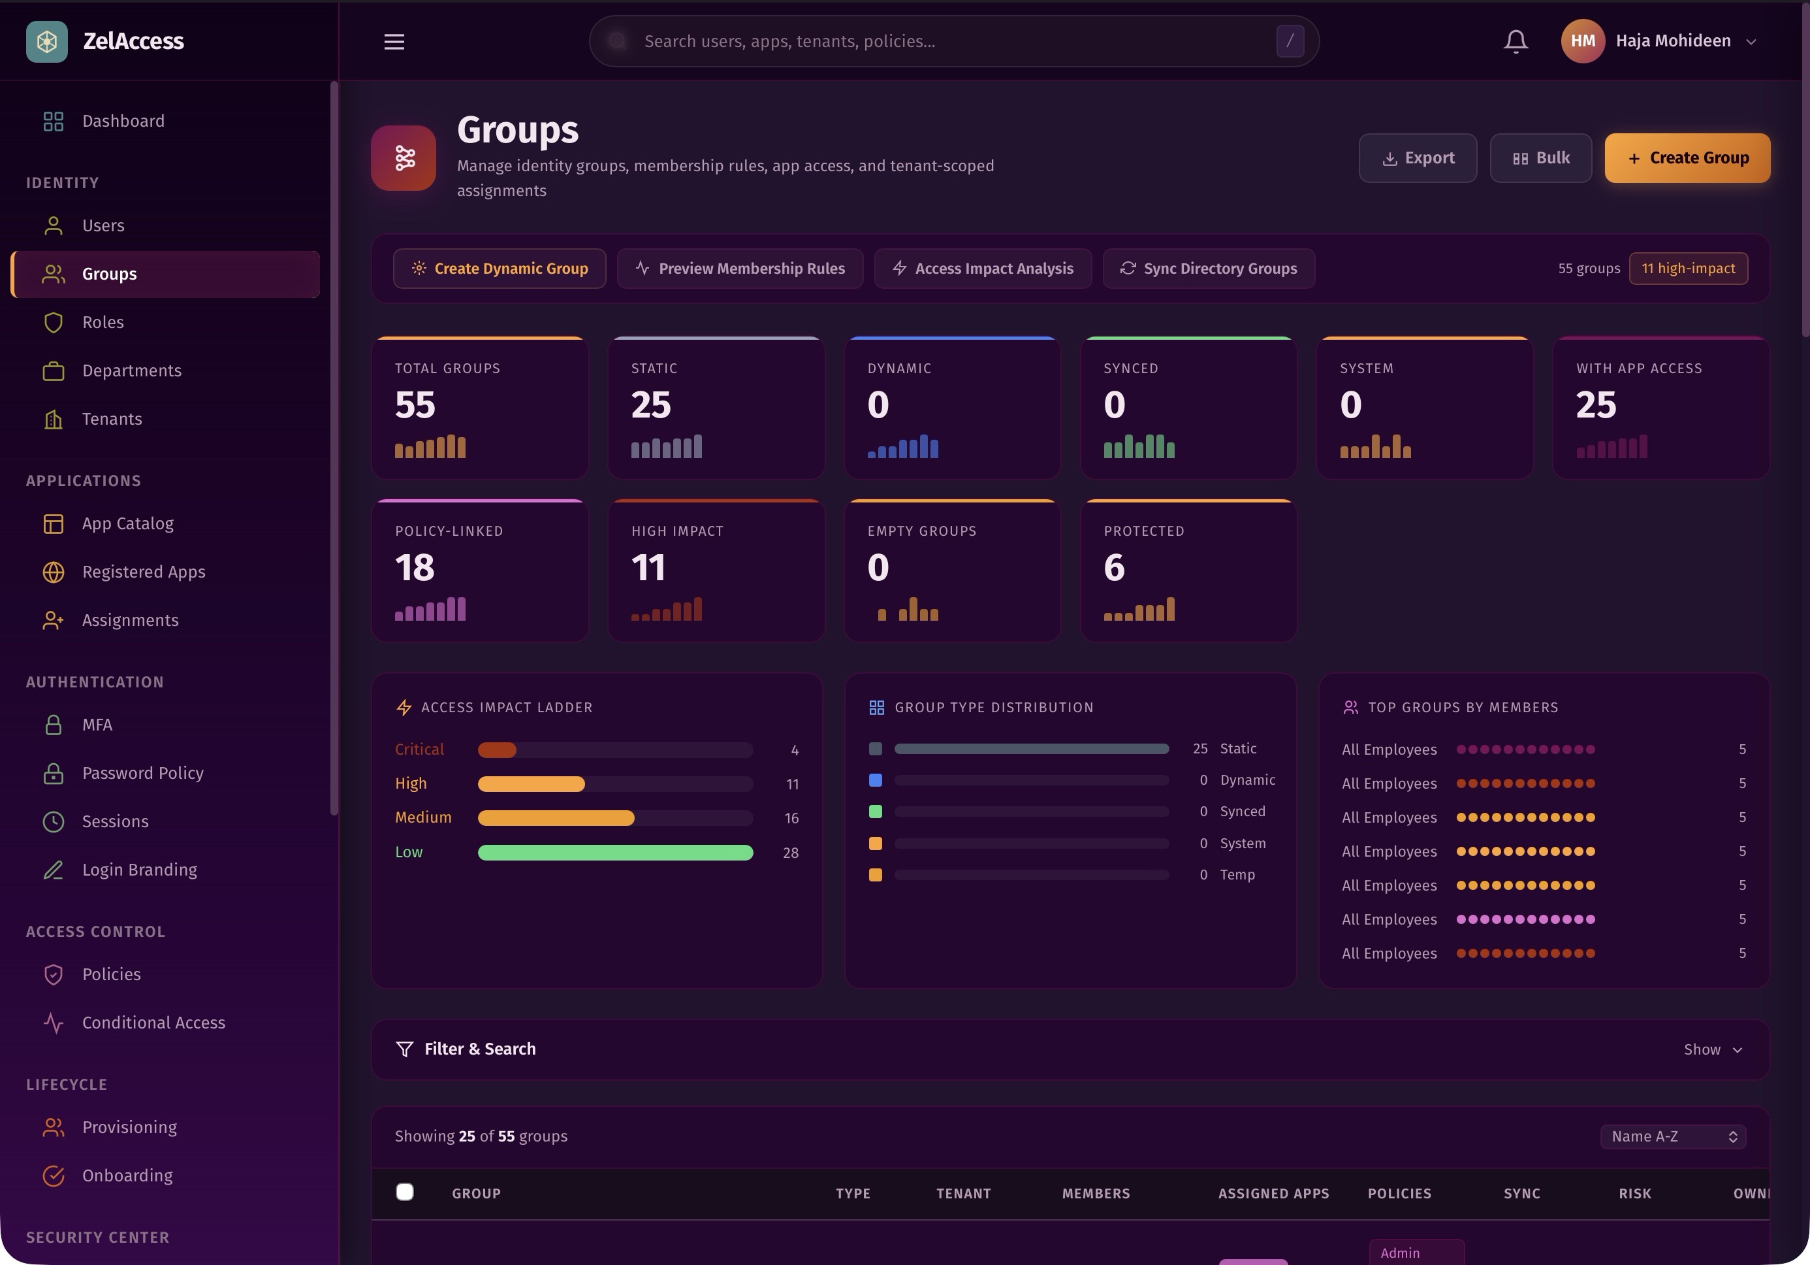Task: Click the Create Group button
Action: [x=1687, y=157]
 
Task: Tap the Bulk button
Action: [x=1540, y=157]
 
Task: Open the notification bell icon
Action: [x=1515, y=41]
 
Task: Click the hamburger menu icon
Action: [x=394, y=41]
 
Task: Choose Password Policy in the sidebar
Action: [x=143, y=773]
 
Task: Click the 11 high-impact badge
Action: [x=1688, y=268]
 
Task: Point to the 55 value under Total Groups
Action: [x=415, y=405]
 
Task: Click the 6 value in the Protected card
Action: [x=1114, y=568]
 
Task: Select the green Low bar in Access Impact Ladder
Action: [x=615, y=853]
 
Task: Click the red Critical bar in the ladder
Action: [x=498, y=750]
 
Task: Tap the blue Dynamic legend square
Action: [x=875, y=780]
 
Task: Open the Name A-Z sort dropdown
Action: [x=1673, y=1136]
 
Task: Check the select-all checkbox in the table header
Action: [x=404, y=1192]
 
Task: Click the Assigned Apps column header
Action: [x=1273, y=1193]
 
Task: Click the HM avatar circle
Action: [x=1582, y=41]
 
